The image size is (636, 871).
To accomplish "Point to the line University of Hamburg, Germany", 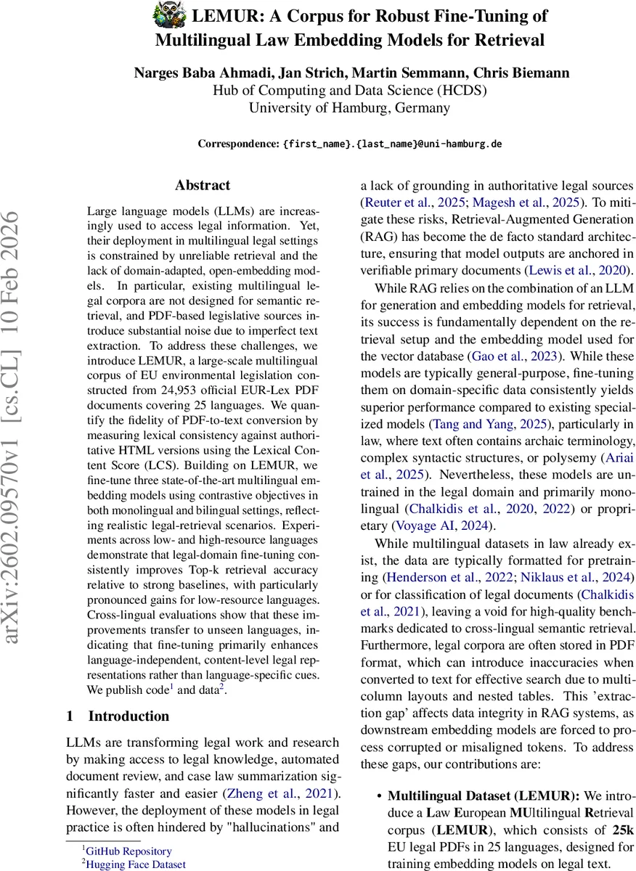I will pos(349,108).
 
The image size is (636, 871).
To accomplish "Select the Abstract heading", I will pos(203,185).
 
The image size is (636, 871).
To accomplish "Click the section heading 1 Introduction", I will pos(118,716).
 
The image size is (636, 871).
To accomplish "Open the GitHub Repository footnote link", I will pos(129,851).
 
